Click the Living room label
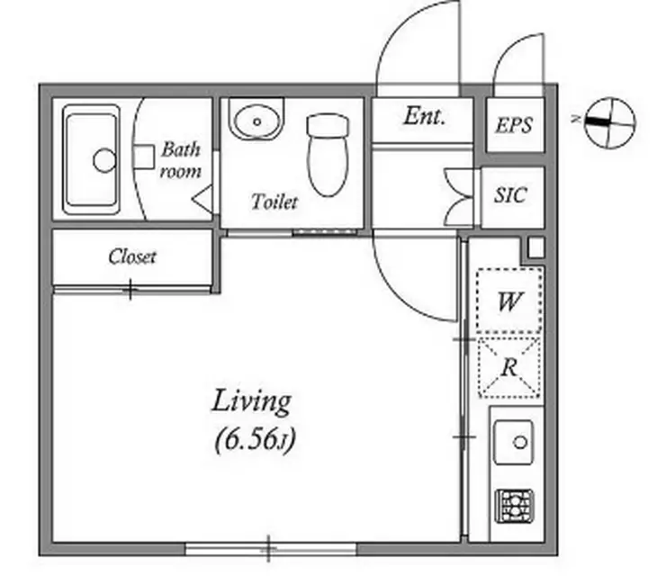click(x=251, y=401)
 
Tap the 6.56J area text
click(x=255, y=440)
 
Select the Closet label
click(x=132, y=257)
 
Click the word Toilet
click(x=274, y=202)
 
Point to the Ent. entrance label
click(x=424, y=115)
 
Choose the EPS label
click(x=514, y=125)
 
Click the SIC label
click(x=510, y=195)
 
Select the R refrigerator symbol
click(x=509, y=367)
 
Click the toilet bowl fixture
click(x=328, y=155)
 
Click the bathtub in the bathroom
click(x=91, y=159)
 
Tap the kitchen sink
click(x=514, y=443)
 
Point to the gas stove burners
click(x=515, y=506)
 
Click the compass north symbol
click(x=610, y=122)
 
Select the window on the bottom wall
click(x=271, y=549)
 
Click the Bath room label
click(x=181, y=160)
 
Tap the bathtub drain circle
click(x=104, y=160)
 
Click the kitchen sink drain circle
click(x=520, y=443)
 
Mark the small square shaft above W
click(x=536, y=247)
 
